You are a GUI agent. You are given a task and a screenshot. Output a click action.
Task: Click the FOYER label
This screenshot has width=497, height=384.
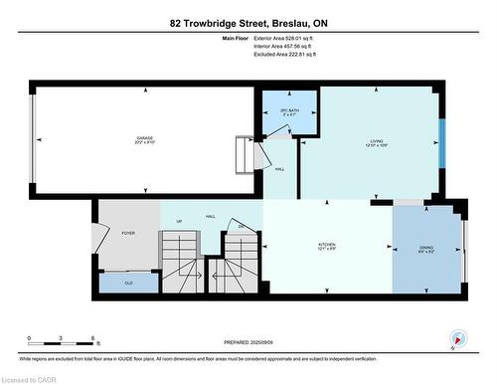128,233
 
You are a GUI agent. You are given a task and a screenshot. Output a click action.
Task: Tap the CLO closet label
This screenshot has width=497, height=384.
128,283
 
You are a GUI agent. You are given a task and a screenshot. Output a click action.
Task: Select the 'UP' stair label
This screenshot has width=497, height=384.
179,221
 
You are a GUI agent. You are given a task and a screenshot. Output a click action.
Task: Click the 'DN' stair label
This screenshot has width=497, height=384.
241,227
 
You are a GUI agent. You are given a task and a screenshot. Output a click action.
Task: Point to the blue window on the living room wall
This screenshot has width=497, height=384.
442,145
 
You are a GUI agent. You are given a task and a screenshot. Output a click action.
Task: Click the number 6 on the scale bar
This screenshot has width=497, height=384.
92,340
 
